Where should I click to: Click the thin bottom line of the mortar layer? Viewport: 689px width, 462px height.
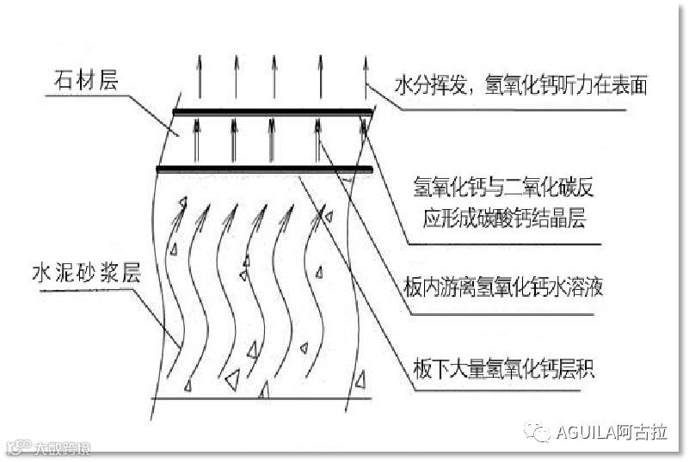click(x=258, y=399)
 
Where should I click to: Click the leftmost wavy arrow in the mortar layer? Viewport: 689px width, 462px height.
click(x=178, y=284)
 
